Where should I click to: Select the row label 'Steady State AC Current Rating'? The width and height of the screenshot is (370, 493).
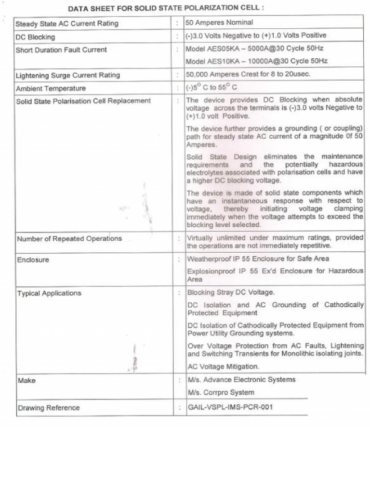point(67,24)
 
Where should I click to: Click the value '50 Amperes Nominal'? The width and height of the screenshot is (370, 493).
point(219,23)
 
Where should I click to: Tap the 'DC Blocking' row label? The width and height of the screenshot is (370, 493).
point(36,37)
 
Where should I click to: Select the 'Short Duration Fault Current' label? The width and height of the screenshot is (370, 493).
point(61,50)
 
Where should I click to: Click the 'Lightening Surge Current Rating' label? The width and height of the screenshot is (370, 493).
point(68,75)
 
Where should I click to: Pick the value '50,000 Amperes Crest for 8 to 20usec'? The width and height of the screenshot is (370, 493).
point(248,74)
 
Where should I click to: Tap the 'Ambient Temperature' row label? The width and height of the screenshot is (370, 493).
point(51,89)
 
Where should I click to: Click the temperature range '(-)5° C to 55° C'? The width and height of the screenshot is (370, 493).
point(212,88)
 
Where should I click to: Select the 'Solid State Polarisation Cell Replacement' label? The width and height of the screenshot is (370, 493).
point(83,101)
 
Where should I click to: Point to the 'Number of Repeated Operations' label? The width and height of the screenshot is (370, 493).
point(69,239)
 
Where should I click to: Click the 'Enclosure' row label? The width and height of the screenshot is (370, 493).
point(33,260)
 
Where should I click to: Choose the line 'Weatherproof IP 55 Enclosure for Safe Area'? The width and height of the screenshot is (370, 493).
point(258,259)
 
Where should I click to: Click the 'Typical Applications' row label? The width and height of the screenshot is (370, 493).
point(50,293)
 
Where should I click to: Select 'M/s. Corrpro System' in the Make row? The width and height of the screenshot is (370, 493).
point(221,392)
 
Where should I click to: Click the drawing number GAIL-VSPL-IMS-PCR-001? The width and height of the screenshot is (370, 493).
point(230,407)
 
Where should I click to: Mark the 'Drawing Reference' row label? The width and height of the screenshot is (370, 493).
point(49,408)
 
